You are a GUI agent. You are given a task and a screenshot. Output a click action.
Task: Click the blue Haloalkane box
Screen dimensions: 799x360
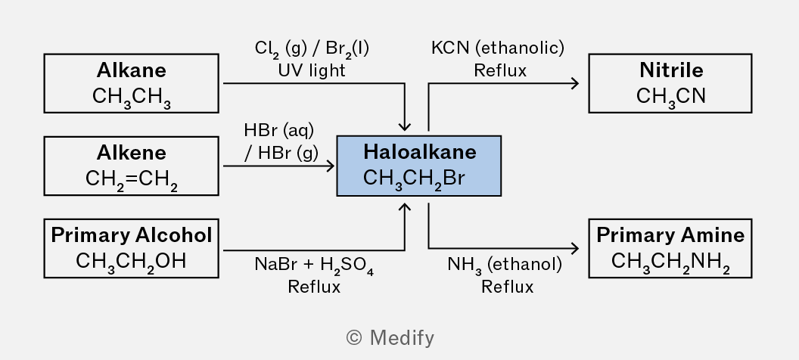coord(419,166)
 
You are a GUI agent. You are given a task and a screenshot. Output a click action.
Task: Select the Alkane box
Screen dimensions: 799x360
coord(132,83)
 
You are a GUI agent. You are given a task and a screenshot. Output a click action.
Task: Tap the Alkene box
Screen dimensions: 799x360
coord(132,166)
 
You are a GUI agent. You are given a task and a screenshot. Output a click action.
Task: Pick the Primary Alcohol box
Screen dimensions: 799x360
coord(132,249)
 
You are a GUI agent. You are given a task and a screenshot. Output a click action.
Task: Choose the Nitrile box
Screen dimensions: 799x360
coord(670,83)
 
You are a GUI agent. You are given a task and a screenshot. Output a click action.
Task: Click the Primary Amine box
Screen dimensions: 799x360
coord(670,249)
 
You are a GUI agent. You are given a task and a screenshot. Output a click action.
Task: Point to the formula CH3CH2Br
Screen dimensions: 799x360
coord(414,179)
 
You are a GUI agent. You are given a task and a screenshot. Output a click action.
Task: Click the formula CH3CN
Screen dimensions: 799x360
coord(670,96)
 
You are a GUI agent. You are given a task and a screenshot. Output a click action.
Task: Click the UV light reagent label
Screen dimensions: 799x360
coord(312,70)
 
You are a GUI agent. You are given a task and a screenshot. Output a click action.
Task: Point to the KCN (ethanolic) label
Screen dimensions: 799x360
coord(498,48)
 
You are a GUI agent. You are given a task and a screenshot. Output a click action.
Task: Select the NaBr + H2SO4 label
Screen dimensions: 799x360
coord(314,265)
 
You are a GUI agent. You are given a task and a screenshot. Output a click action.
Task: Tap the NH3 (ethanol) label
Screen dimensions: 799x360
coord(505,265)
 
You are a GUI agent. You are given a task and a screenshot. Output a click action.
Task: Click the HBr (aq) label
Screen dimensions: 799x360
coord(278,130)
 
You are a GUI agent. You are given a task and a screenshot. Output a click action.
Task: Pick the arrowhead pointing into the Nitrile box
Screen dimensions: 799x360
coord(575,83)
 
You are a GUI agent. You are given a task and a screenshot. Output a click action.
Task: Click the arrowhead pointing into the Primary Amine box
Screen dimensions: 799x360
coord(575,249)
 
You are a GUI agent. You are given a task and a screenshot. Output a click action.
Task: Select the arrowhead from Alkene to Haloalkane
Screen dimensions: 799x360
coord(331,166)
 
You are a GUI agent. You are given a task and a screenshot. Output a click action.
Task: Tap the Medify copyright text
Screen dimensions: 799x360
coord(390,338)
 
